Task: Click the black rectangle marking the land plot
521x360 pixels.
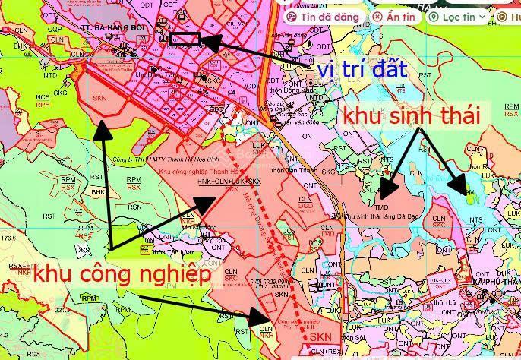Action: tap(185, 39)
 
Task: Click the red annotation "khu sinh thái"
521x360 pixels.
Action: tap(412, 116)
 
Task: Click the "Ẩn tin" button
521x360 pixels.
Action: tap(393, 16)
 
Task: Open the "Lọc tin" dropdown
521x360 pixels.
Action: tap(456, 16)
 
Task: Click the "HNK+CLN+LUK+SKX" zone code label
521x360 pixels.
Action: tap(229, 182)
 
